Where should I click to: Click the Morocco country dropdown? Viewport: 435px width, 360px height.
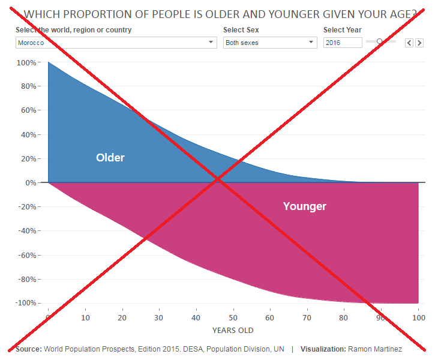tap(116, 43)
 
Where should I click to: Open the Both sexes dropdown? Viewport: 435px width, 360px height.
tap(270, 43)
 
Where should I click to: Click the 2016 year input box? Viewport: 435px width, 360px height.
tap(343, 43)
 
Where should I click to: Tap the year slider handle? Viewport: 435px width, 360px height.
tap(379, 41)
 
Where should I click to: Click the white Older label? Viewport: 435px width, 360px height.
tap(110, 158)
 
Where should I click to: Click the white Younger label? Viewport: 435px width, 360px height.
tap(305, 206)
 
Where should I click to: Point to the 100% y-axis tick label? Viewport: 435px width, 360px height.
tap(28, 62)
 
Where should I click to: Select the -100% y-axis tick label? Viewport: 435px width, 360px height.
tap(26, 303)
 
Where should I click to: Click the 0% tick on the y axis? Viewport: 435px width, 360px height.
tap(31, 182)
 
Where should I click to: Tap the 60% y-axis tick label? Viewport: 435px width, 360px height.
tap(29, 110)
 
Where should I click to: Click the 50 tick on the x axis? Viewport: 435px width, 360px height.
tap(233, 317)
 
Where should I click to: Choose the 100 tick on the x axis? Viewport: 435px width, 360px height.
tap(418, 317)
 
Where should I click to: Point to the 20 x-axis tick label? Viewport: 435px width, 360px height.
tap(122, 317)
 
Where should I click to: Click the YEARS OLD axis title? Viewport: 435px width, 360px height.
tap(233, 331)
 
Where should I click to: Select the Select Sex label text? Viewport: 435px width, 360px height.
tap(241, 30)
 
